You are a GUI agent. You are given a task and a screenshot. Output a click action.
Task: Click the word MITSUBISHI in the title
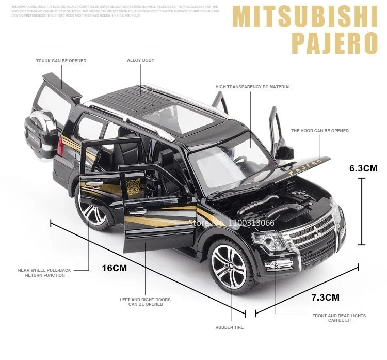pyautogui.click(x=304, y=18)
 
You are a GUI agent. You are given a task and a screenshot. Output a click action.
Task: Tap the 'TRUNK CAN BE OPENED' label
pyautogui.click(x=61, y=61)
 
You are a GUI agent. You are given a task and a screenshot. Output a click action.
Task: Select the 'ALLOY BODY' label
pyautogui.click(x=140, y=61)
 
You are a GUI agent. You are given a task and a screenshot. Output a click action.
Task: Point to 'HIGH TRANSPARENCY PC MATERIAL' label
pyautogui.click(x=253, y=87)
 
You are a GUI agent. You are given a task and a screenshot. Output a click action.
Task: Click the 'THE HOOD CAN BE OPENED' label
pyautogui.click(x=319, y=131)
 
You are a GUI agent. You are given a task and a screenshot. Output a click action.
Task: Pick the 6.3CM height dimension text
pyautogui.click(x=363, y=168)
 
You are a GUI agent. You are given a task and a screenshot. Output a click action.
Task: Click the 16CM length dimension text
pyautogui.click(x=114, y=268)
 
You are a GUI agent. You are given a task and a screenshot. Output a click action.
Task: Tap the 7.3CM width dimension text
pyautogui.click(x=325, y=297)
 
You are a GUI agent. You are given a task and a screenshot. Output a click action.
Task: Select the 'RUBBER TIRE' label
pyautogui.click(x=230, y=327)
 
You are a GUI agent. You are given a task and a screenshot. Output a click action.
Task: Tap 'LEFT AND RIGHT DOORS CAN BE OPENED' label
pyautogui.click(x=145, y=302)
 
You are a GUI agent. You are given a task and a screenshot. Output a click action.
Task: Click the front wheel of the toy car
pyautogui.click(x=229, y=267)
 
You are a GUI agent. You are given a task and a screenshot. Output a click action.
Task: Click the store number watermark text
pyautogui.click(x=232, y=223)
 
